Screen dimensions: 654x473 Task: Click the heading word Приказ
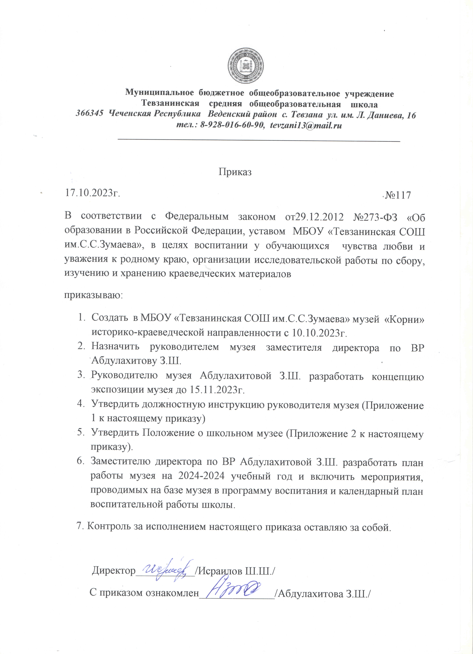click(x=235, y=172)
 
